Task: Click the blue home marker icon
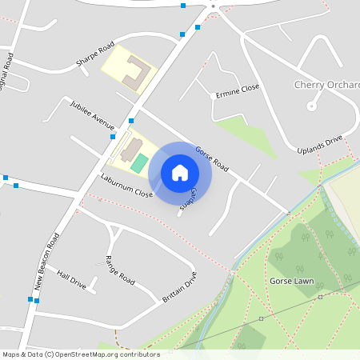[180, 172]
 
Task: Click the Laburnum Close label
[126, 185]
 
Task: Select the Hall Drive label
[71, 278]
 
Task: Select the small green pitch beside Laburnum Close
[140, 163]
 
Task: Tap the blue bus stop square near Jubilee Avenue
[131, 121]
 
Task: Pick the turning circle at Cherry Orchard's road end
[311, 106]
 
